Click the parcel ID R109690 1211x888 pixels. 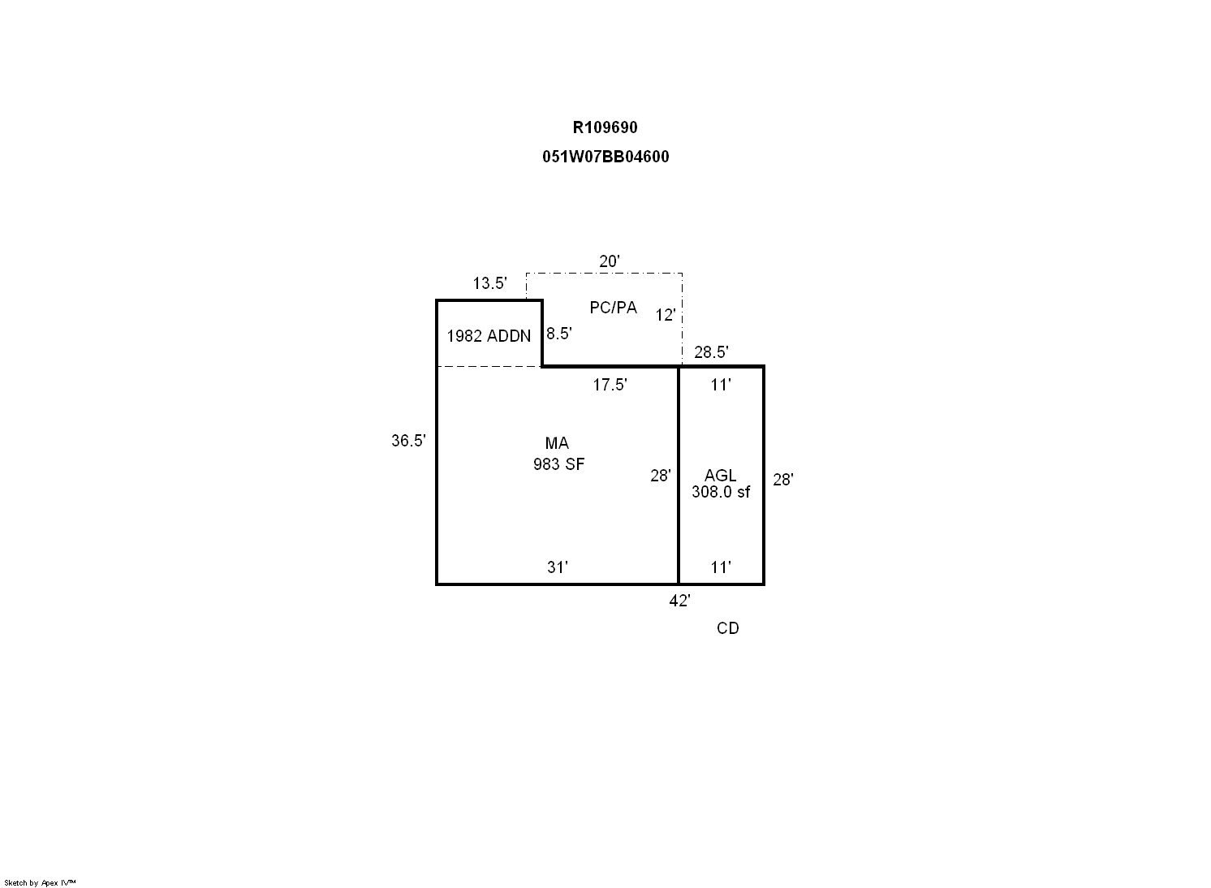click(x=605, y=127)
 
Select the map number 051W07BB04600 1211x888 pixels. click(x=605, y=157)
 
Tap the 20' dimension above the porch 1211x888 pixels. click(x=610, y=261)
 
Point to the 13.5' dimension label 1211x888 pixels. click(x=489, y=283)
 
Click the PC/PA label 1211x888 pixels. click(x=613, y=308)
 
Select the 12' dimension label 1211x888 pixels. click(x=666, y=315)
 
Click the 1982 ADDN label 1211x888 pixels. click(x=489, y=336)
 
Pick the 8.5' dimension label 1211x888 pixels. click(x=559, y=334)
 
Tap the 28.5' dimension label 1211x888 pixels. click(x=712, y=352)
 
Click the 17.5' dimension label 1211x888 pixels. click(x=610, y=385)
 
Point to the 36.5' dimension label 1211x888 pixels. click(x=409, y=441)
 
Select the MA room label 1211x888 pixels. click(x=557, y=443)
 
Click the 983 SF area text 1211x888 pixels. click(x=559, y=464)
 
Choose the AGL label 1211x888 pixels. click(x=720, y=476)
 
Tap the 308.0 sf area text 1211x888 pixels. click(x=721, y=492)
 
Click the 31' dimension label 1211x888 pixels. click(x=558, y=567)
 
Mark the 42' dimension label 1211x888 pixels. click(x=679, y=601)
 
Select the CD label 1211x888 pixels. click(x=728, y=628)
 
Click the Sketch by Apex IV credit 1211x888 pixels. click(x=40, y=883)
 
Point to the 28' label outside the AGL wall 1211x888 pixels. click(x=782, y=480)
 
